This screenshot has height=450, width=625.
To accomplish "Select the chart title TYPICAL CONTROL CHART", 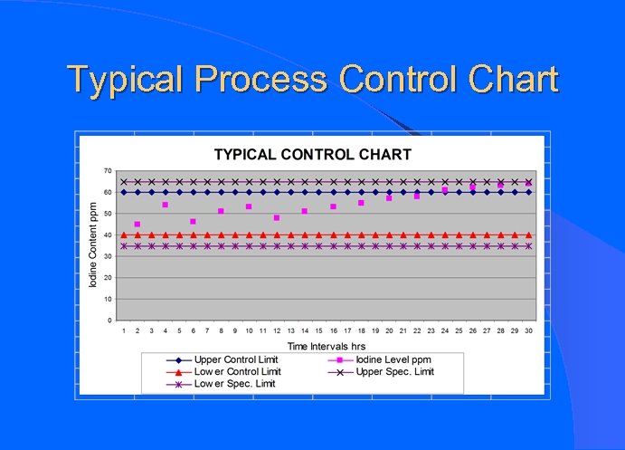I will point(312,155).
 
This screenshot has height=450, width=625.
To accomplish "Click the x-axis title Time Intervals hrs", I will point(327,346).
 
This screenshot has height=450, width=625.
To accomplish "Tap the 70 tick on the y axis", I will point(108,171).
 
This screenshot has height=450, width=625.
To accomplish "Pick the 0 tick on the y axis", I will point(110,321).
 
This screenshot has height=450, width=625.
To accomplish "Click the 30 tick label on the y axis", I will point(108,256).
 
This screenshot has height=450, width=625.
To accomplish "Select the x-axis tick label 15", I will point(319,331).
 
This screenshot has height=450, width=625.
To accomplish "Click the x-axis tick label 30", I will point(528,331).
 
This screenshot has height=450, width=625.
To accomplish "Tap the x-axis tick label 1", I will point(124,331).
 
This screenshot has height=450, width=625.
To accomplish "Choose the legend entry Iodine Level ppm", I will point(393,359).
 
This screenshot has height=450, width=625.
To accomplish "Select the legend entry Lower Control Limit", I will point(237,371).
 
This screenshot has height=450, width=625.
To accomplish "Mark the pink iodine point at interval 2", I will point(137,225).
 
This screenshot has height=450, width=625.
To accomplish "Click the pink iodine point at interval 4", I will point(166,205).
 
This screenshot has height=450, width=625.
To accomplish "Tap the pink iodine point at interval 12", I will point(277,218).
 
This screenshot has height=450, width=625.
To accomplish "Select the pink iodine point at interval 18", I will point(361,203).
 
